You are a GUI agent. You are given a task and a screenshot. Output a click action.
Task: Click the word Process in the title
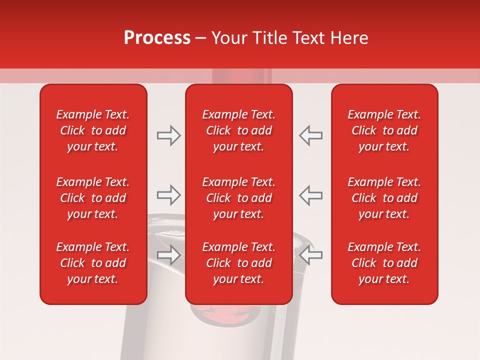coord(157,38)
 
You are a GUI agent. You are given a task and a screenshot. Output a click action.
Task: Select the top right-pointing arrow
coord(168,135)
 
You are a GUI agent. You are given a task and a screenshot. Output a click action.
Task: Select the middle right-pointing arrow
coord(168,195)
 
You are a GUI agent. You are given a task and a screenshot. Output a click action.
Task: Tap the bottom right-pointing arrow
coord(168,255)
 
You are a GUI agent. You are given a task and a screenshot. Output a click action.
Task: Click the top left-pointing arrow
coord(310,135)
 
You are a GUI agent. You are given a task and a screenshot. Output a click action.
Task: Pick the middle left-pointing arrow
coord(310,195)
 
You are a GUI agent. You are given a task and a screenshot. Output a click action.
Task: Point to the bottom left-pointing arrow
coord(310,255)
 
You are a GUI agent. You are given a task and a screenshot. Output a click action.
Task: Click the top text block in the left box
coord(93,130)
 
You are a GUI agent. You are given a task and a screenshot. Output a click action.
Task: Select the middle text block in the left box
coord(93,198)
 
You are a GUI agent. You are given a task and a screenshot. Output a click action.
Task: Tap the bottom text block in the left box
coord(93,263)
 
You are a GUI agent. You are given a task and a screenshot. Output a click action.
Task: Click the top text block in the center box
coord(238,130)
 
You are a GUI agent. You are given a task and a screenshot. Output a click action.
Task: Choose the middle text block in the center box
coord(238,198)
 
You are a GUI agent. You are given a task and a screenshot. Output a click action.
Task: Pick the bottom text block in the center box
coord(238,263)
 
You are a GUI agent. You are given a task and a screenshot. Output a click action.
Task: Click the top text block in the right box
coord(384,130)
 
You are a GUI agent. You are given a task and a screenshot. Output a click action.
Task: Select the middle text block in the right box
coord(384,198)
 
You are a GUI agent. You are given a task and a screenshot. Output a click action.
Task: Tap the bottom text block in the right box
coord(384,263)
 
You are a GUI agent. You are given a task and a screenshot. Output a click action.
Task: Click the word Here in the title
coord(349,38)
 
